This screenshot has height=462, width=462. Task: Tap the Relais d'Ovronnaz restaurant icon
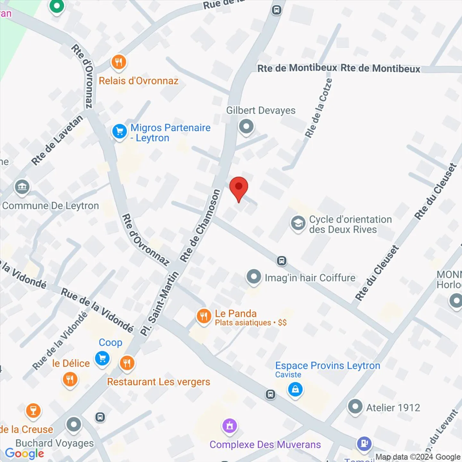click(119, 62)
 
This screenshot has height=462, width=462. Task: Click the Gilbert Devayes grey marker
click(246, 126)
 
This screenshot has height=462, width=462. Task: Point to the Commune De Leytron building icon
click(22, 187)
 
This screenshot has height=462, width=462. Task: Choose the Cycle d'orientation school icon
click(298, 223)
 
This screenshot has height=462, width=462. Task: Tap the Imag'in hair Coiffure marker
click(254, 277)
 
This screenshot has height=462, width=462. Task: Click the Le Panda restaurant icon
click(204, 316)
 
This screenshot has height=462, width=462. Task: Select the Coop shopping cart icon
click(102, 358)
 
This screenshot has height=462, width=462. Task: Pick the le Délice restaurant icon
click(70, 380)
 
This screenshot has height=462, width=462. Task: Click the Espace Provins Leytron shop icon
click(295, 389)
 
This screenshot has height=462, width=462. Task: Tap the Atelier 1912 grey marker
click(355, 407)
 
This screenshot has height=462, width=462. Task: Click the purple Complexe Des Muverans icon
click(230, 426)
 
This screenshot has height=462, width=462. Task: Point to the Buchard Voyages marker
click(74, 425)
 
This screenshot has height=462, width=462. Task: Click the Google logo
click(25, 453)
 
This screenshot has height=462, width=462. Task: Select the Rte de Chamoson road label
click(200, 225)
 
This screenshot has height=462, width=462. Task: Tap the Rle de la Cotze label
click(318, 108)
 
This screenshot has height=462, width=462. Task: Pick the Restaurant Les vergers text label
click(158, 382)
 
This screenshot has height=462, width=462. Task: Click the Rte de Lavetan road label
click(57, 140)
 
